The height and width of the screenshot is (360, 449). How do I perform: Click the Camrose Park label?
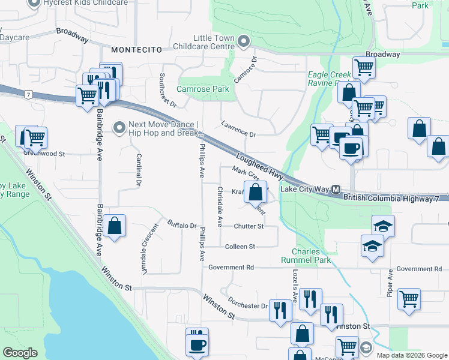[203, 89]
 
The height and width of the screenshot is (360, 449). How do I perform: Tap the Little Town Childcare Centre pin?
[243, 41]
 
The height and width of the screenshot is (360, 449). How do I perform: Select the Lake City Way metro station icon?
[336, 189]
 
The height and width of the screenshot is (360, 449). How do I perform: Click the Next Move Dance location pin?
[119, 127]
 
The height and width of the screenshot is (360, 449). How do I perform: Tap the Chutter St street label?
[249, 226]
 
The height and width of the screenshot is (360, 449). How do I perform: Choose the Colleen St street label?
[240, 247]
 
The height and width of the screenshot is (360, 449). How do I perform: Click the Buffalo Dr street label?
[182, 225]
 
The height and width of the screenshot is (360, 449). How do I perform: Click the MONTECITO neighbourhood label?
[136, 50]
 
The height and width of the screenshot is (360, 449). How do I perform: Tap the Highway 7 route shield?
[28, 94]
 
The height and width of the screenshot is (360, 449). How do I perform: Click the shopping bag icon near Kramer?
[256, 192]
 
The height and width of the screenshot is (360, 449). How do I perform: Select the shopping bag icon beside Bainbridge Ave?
[115, 226]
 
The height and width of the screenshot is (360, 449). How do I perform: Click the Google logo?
[20, 353]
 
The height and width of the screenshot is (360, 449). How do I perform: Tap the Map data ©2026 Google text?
[411, 355]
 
